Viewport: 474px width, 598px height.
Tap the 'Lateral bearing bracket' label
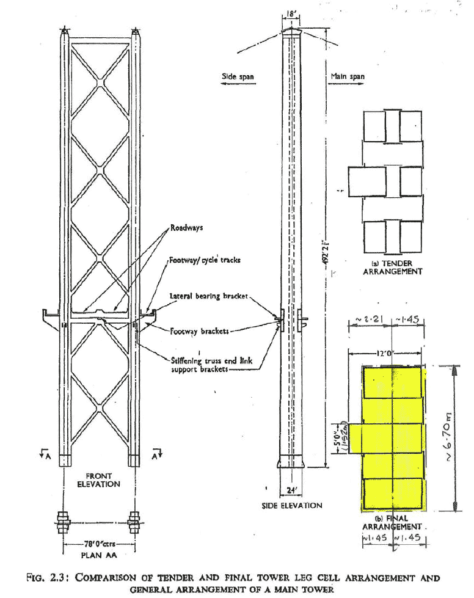click(x=208, y=296)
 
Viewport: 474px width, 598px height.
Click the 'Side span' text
click(x=238, y=78)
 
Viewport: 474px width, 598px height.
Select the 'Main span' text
click(x=348, y=77)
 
